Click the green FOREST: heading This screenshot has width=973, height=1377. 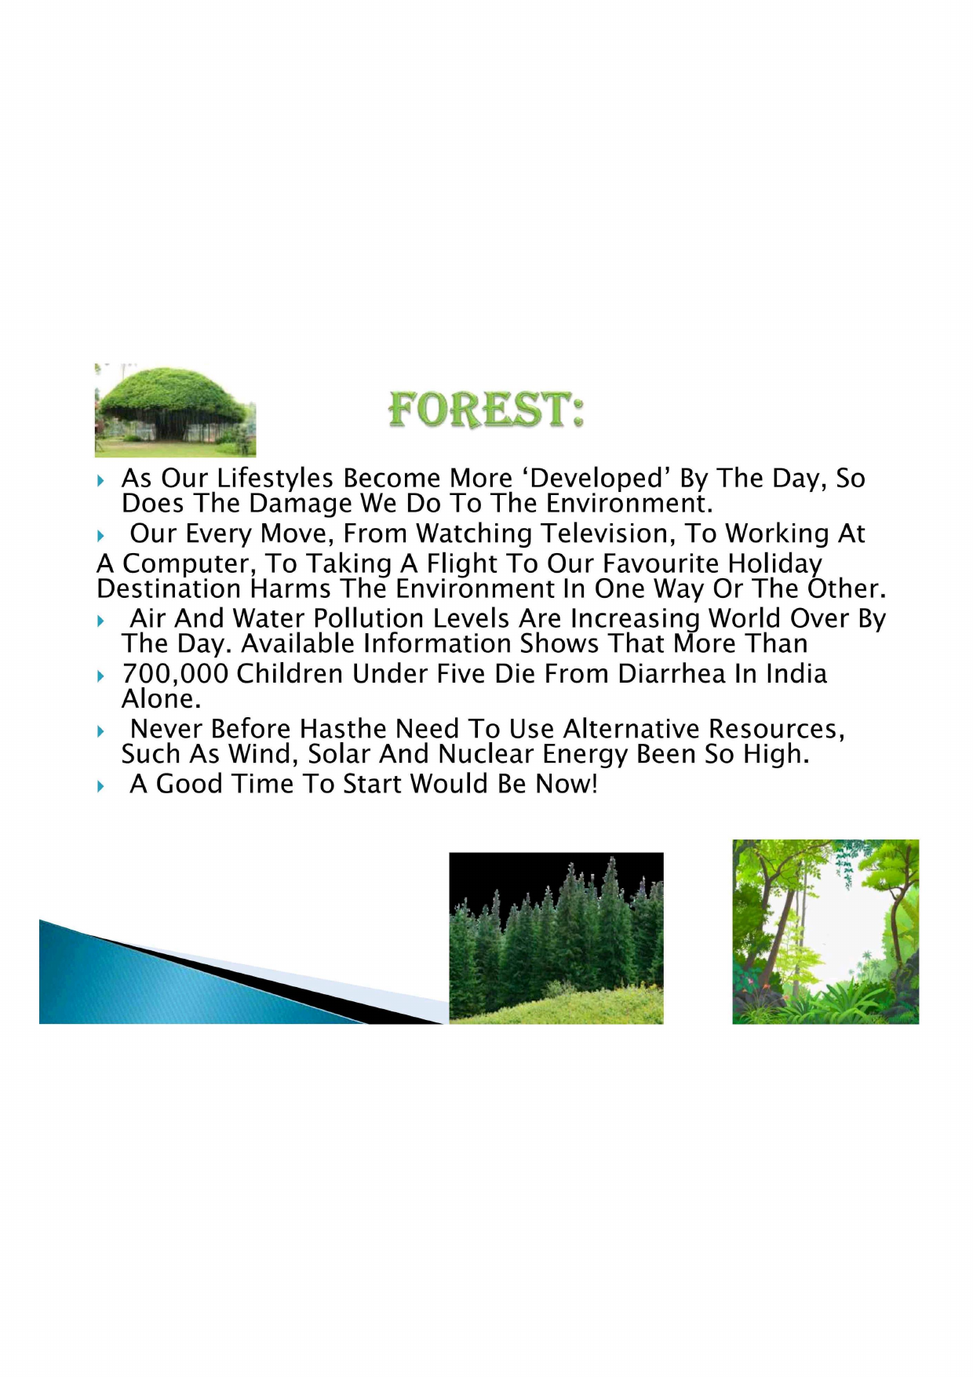coord(486,410)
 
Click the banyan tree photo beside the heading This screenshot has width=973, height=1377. coord(175,410)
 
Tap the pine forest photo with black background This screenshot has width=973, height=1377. coord(556,938)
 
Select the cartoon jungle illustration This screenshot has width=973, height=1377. coord(825,931)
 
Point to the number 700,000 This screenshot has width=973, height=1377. coord(175,674)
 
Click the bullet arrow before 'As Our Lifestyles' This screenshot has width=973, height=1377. coord(100,479)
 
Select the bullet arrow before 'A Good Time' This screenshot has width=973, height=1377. coord(100,785)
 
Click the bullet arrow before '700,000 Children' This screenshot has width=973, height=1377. coord(100,676)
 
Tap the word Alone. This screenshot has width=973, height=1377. coord(161,699)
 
